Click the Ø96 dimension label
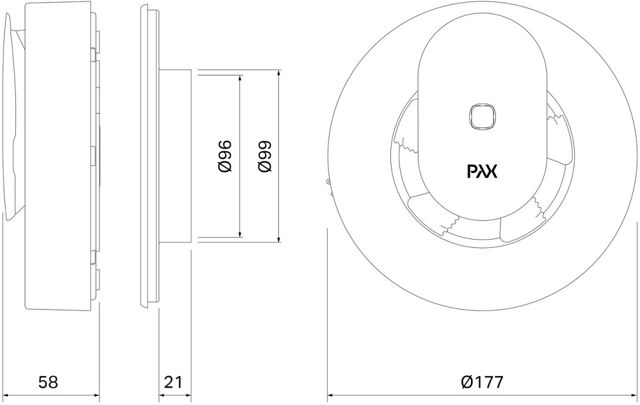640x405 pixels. click(x=225, y=156)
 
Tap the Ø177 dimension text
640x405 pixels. click(x=481, y=383)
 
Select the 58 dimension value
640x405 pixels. click(x=48, y=383)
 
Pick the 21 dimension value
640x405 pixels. click(x=173, y=383)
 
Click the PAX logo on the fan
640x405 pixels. click(x=482, y=172)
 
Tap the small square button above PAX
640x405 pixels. click(x=481, y=117)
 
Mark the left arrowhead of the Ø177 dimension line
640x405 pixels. click(x=330, y=393)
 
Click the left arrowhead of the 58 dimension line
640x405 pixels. click(x=5, y=393)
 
